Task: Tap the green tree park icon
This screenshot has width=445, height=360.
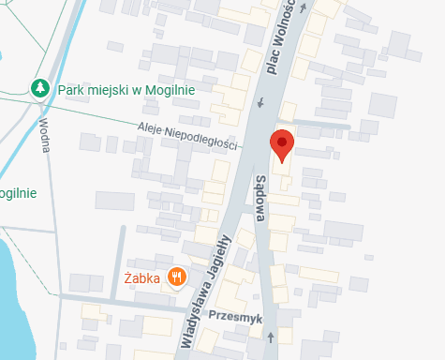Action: tap(40, 88)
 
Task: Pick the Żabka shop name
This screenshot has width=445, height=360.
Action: tap(142, 277)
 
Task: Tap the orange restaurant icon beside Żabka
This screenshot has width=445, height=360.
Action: tap(174, 277)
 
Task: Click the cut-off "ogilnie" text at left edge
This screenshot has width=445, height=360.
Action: tap(18, 194)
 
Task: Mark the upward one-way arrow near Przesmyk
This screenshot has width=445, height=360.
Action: tap(271, 336)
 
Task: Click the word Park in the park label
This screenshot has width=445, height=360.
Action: tap(72, 89)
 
